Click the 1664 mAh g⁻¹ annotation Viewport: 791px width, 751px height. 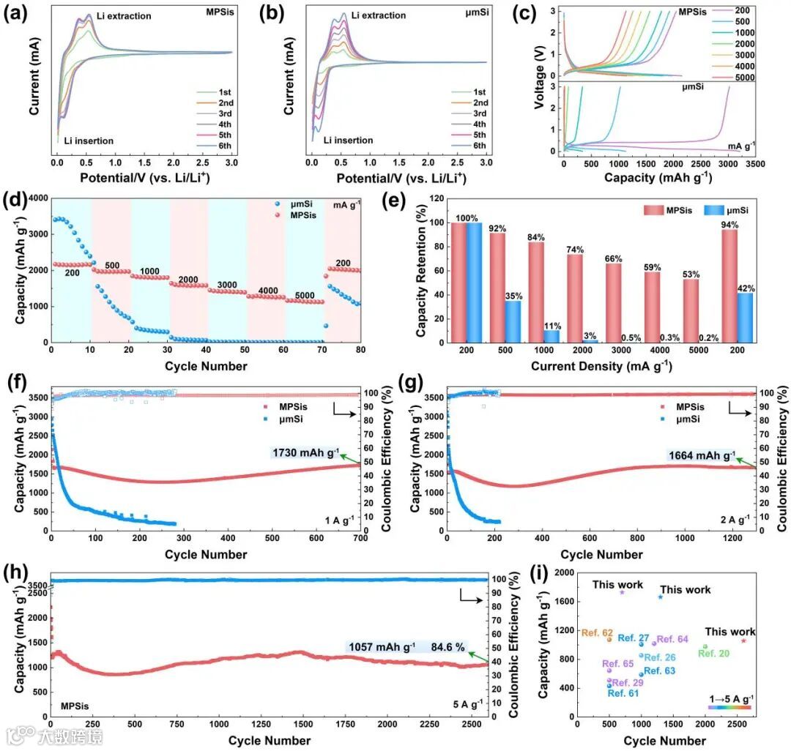[x=702, y=455]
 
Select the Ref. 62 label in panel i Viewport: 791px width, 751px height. [x=597, y=632]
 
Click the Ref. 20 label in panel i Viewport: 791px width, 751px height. [x=713, y=653]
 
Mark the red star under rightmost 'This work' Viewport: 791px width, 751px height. [x=743, y=640]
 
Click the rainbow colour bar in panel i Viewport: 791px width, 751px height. [x=729, y=706]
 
